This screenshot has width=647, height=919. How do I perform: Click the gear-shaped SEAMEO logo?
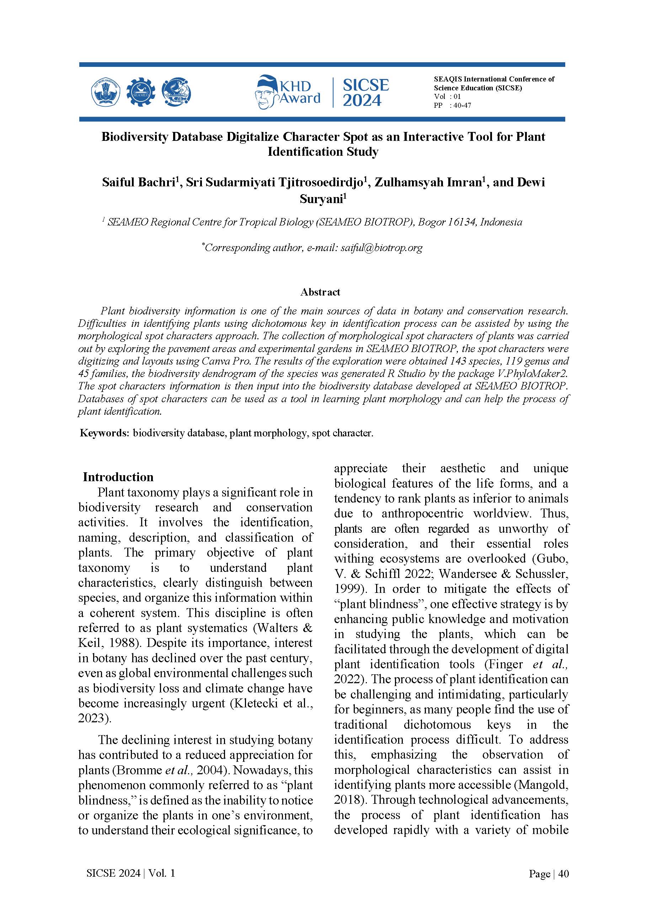[x=140, y=92]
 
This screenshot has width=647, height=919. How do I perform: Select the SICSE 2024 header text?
[x=365, y=92]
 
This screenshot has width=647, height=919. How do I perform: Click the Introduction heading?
[x=118, y=477]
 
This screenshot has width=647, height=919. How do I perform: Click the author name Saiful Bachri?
[x=138, y=182]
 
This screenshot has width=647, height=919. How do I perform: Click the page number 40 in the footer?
[x=563, y=873]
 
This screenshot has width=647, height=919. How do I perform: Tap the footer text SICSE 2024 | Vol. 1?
[x=131, y=873]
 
